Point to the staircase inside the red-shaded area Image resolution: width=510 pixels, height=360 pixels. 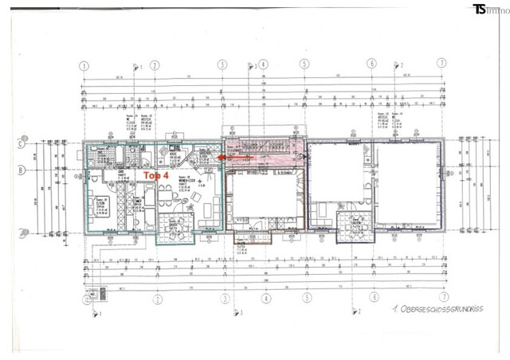263,151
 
